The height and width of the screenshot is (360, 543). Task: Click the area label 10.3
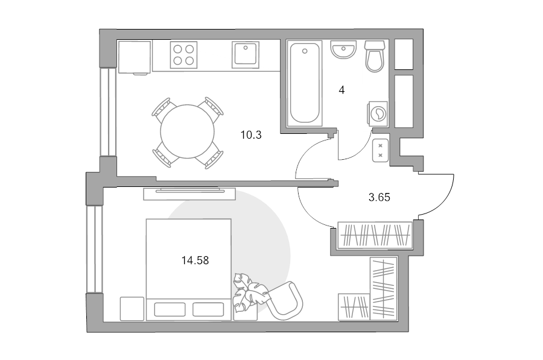click(x=251, y=135)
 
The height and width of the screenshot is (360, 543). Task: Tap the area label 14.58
click(x=195, y=261)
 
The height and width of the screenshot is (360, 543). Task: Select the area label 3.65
click(x=379, y=197)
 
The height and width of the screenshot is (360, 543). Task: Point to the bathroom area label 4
click(x=341, y=90)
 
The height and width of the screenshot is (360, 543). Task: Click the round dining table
click(x=188, y=131)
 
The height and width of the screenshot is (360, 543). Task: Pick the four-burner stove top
click(x=183, y=55)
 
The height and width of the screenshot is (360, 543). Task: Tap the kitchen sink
click(x=246, y=55)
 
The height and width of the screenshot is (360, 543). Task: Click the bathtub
click(x=305, y=83)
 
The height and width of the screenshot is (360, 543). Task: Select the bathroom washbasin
click(x=343, y=50)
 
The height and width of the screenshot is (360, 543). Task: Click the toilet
click(x=375, y=57)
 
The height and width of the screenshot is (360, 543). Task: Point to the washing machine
click(x=377, y=113)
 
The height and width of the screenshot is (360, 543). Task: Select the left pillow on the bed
click(x=170, y=309)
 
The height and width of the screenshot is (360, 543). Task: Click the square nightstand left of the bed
click(x=132, y=308)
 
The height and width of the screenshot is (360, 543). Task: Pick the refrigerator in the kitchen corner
click(x=135, y=57)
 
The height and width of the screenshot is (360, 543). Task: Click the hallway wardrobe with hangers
click(x=375, y=235)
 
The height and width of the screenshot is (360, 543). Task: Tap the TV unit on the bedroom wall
click(x=189, y=194)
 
